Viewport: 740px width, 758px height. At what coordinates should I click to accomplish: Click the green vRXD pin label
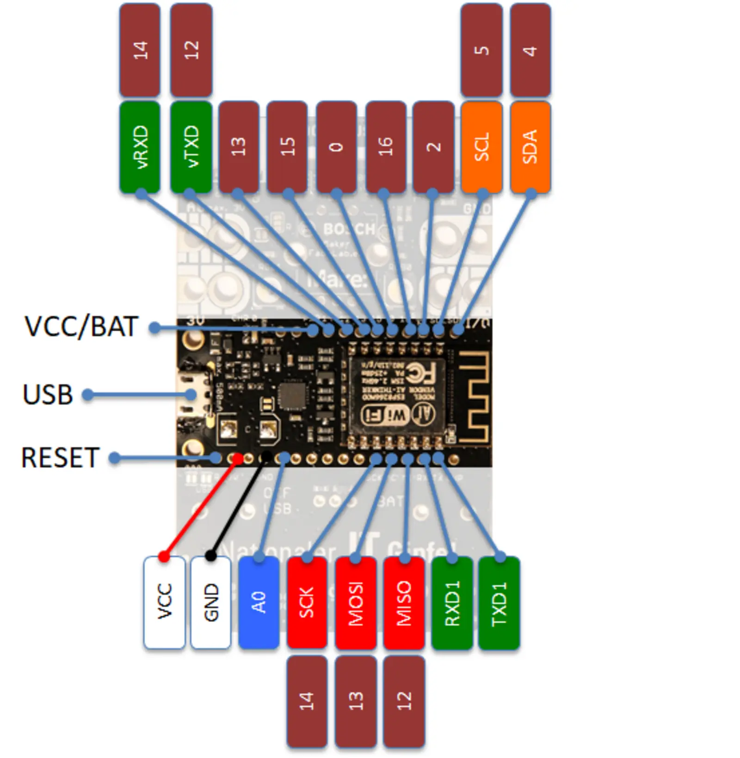tap(140, 147)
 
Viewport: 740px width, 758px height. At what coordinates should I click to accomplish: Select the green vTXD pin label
tap(191, 147)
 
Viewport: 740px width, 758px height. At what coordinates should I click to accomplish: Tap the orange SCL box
tap(481, 147)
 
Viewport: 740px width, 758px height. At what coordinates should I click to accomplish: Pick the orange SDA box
tap(530, 147)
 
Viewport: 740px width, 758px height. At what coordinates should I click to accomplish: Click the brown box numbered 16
tap(385, 147)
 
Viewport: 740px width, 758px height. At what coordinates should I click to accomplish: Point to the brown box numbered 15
tap(287, 147)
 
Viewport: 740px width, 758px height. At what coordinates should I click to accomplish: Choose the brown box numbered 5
tap(481, 50)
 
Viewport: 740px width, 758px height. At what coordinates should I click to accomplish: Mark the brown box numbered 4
tap(530, 50)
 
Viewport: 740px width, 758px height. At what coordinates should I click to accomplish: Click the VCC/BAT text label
tap(81, 327)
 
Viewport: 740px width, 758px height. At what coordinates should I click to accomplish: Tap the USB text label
tap(48, 395)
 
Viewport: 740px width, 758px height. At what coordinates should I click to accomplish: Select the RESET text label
tap(60, 458)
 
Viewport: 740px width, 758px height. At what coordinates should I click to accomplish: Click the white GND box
tap(211, 602)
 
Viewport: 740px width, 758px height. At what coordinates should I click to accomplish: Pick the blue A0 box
tap(259, 602)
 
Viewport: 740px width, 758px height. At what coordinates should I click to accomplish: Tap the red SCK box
tap(307, 602)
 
